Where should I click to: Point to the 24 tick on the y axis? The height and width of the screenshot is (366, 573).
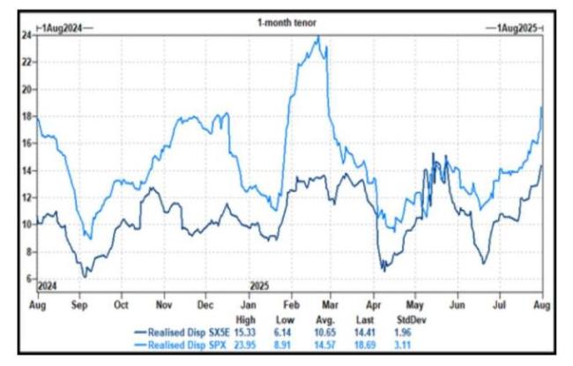pyautogui.click(x=27, y=35)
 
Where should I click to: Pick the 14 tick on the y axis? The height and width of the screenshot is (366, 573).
pyautogui.click(x=27, y=170)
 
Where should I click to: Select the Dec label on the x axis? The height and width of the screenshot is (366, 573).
pyautogui.click(x=204, y=304)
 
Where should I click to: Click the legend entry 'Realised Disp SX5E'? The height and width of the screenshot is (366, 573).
pyautogui.click(x=180, y=332)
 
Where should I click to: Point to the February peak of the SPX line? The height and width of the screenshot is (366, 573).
pyautogui.click(x=317, y=37)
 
